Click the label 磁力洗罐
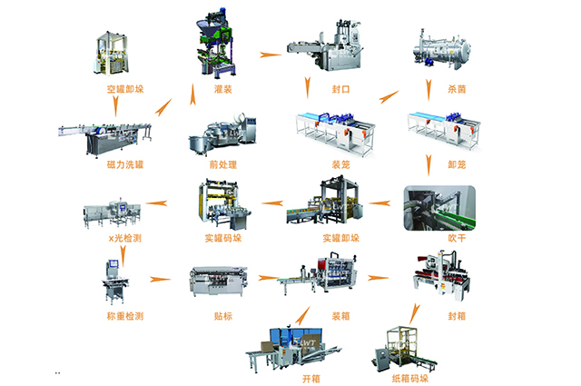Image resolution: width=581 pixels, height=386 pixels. coord(124,165)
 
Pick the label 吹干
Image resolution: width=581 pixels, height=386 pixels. coord(435,238)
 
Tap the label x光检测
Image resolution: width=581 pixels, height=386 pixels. coord(123,237)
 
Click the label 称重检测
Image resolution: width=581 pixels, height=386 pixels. coord(124,315)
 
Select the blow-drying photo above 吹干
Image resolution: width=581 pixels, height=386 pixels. coord(436,205)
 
